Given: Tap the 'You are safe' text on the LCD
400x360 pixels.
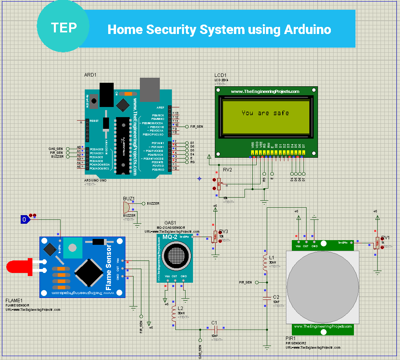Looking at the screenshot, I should tap(265, 113).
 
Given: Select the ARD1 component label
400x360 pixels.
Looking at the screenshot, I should tap(90, 75).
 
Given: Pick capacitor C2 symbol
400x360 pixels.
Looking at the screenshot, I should tap(267, 298).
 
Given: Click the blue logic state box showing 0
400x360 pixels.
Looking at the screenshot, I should tap(25, 220).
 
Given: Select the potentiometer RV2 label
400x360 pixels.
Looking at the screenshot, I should tap(227, 170).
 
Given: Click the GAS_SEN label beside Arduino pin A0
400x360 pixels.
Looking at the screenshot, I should tap(55, 149).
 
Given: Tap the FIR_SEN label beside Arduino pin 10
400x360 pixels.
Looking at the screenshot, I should tap(196, 127).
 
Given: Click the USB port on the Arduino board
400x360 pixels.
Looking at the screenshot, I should tap(150, 89).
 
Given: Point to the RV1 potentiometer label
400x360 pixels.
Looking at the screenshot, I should tap(385, 237).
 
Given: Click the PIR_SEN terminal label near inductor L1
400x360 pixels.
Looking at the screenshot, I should tap(246, 282).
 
